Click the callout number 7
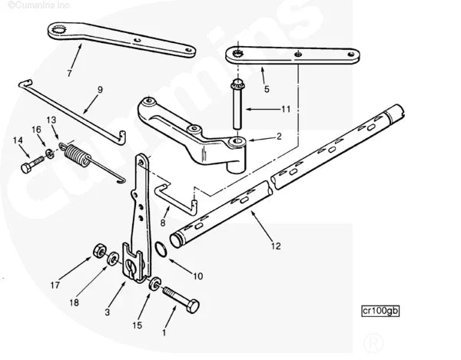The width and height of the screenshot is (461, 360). (70, 74)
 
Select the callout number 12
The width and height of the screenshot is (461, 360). (276, 246)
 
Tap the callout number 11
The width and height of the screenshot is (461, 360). (285, 110)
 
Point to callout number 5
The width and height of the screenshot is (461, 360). (267, 89)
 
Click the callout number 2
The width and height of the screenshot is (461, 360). (279, 137)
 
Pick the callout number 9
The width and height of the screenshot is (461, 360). (99, 90)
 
